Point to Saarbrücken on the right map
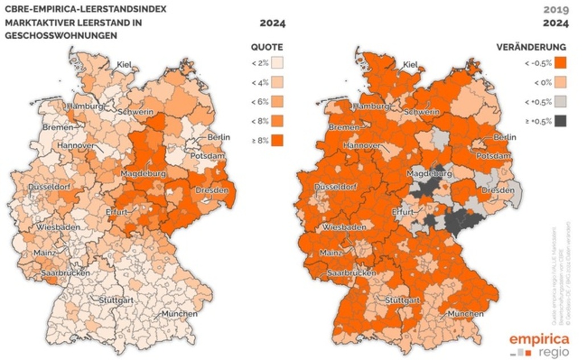pos(351,274)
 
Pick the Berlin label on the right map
pos(505,137)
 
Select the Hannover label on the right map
pos(362,146)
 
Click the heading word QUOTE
pos(267,47)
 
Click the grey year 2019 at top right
pos(556,10)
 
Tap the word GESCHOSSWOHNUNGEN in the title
pos(60,35)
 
